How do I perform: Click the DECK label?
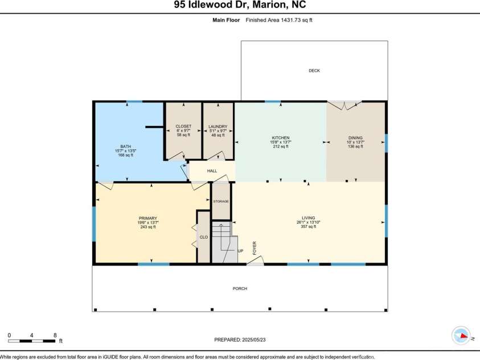[x=314, y=71]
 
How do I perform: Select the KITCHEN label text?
[x=280, y=138]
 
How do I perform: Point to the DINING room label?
[x=355, y=138]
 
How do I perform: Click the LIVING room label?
[x=309, y=218]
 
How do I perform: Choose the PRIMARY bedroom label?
[x=147, y=218]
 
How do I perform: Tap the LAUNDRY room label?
[x=218, y=126]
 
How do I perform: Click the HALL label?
[x=212, y=170]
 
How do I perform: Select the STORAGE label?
[x=221, y=202]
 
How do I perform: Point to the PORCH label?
[x=240, y=288]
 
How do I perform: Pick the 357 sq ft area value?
[x=309, y=227]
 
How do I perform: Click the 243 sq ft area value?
[x=147, y=227]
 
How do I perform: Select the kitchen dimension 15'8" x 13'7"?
[x=280, y=142]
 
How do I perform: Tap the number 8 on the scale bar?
[x=55, y=335]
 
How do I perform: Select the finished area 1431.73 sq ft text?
[x=279, y=20]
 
